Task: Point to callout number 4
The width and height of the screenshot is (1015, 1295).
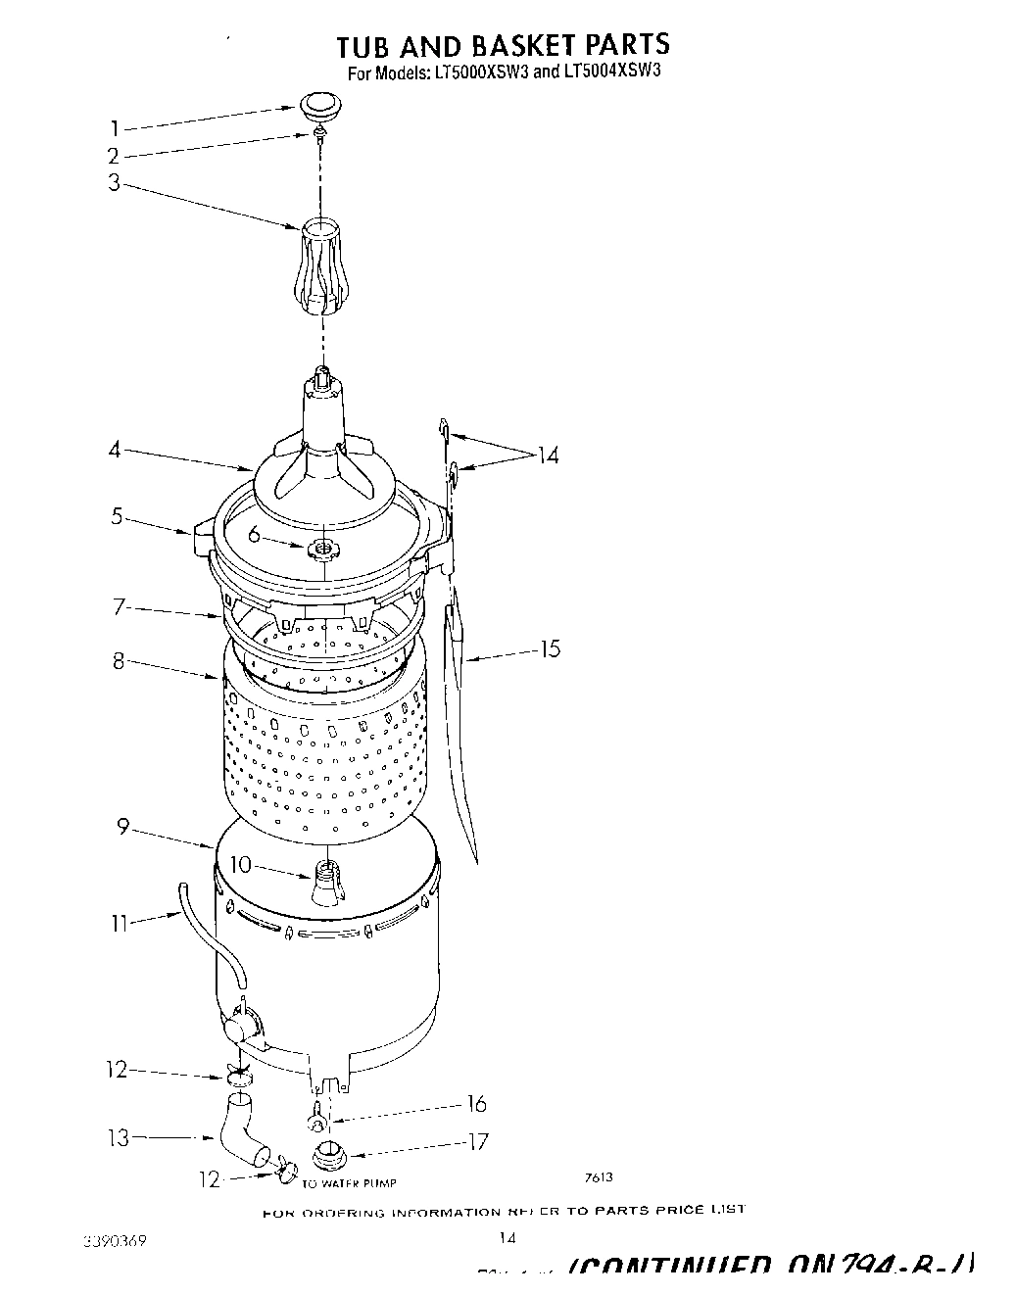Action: coord(115,451)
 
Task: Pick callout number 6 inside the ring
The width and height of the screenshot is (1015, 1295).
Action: coord(254,535)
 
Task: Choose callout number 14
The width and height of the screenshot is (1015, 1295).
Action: coord(547,456)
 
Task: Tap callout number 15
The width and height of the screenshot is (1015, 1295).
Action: coord(550,648)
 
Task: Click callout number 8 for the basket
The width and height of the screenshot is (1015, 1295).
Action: coord(119,661)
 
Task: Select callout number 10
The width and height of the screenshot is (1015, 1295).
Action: coord(239,864)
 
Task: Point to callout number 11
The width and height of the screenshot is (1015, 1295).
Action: coord(119,923)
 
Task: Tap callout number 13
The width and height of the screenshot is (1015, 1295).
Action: coord(118,1138)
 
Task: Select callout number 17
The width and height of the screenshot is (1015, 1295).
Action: coord(477,1142)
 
